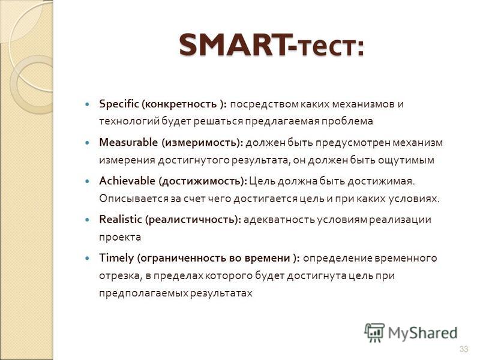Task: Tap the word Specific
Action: (119, 104)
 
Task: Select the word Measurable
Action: (128, 142)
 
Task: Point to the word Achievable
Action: (127, 181)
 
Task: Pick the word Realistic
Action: (121, 220)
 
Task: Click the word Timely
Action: (116, 259)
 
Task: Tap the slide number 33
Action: (464, 349)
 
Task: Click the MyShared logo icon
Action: (374, 333)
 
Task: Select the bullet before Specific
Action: (88, 104)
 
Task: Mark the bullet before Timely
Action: (88, 259)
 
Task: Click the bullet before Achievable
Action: (88, 181)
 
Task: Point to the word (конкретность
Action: (179, 104)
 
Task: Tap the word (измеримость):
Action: (202, 143)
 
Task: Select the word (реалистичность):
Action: (193, 220)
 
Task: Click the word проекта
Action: (120, 238)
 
